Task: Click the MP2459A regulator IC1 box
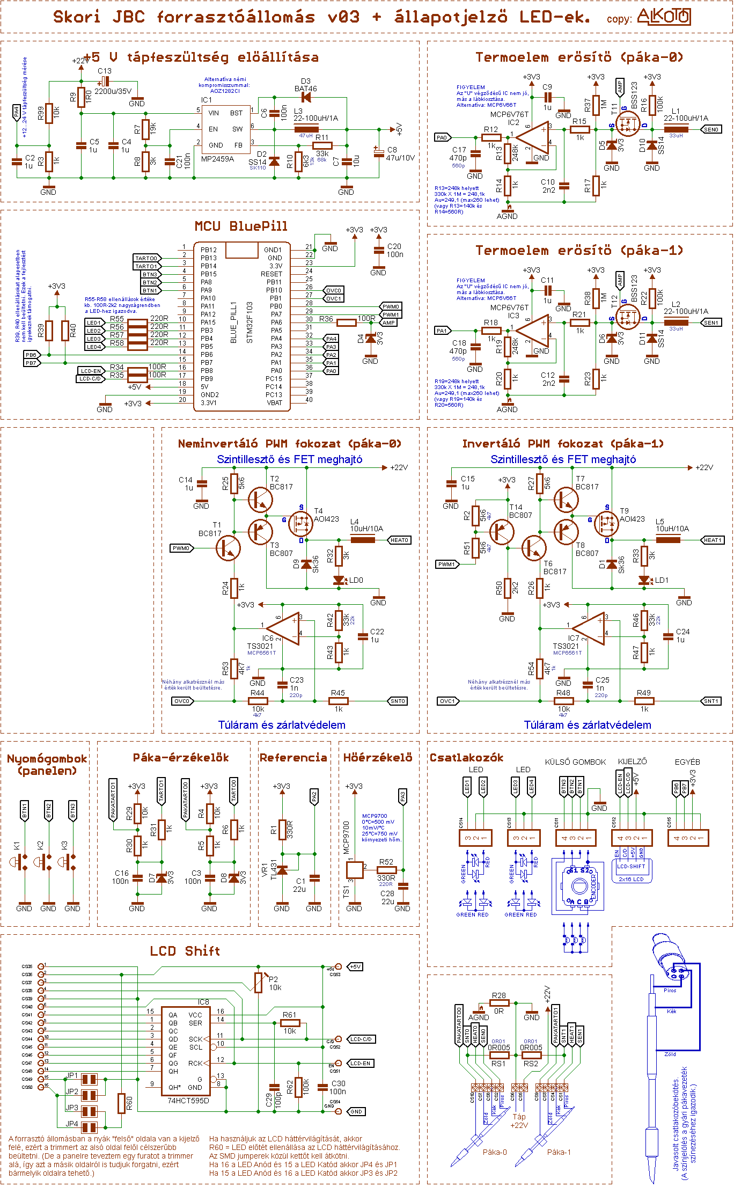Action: tap(225, 129)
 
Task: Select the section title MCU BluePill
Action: tap(241, 226)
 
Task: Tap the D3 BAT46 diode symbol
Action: tap(306, 97)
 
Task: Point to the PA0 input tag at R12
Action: tap(442, 137)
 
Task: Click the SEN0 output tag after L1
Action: tap(711, 129)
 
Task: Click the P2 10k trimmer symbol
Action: tap(259, 982)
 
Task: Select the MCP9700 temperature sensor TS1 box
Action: tap(355, 870)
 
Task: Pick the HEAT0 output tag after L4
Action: tap(399, 540)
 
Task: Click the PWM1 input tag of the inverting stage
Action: tap(446, 564)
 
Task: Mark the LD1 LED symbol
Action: tap(644, 581)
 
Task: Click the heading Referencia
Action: tap(293, 757)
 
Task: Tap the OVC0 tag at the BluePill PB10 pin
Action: tap(334, 290)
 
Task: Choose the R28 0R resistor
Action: tap(499, 1002)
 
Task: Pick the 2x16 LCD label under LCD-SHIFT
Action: tap(631, 879)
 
